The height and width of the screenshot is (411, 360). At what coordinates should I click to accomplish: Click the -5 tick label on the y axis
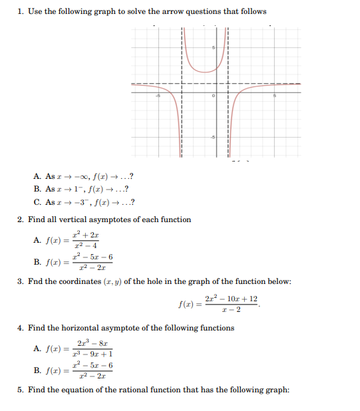click(213, 137)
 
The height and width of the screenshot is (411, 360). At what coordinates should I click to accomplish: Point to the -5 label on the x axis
click(158, 97)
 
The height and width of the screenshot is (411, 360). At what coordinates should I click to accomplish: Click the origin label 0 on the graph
click(213, 97)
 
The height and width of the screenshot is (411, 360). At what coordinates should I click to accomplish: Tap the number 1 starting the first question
click(20, 11)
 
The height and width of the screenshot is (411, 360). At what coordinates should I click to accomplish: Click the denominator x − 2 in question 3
click(231, 309)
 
